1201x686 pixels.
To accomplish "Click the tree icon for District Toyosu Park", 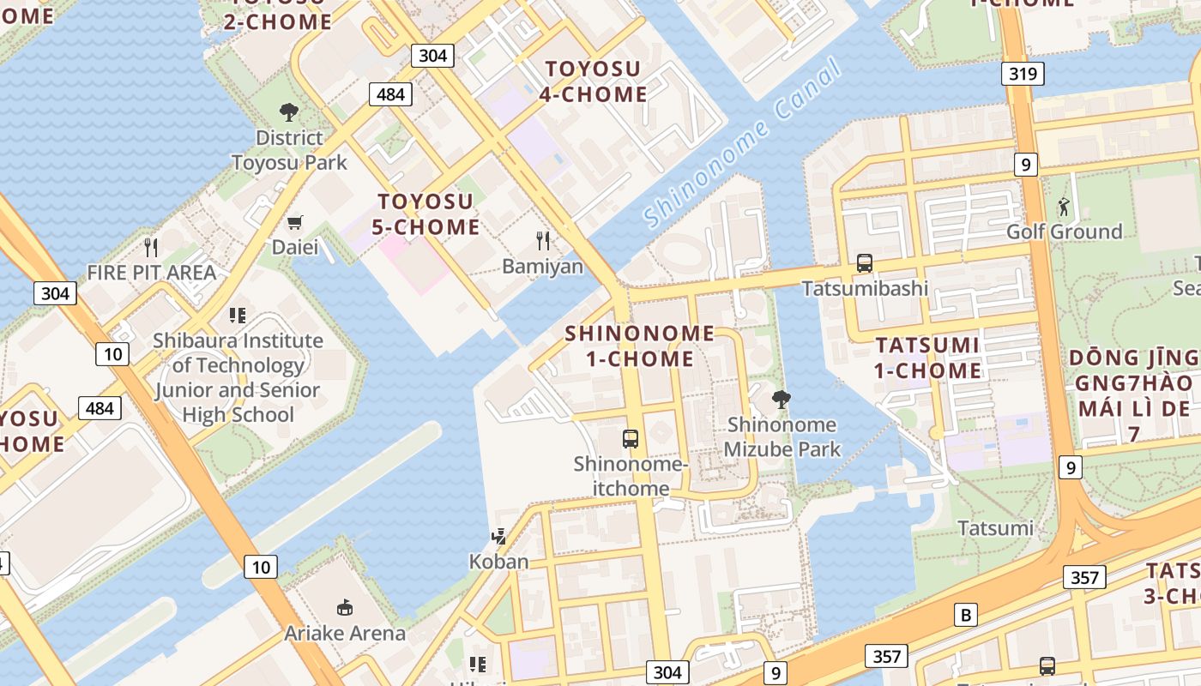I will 289,111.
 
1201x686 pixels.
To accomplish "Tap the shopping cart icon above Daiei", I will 295,223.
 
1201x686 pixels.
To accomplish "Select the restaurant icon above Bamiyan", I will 542,240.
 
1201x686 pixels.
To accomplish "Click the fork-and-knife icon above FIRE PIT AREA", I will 152,248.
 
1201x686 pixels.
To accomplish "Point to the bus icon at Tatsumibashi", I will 865,263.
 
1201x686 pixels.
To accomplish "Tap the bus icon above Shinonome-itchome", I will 631,439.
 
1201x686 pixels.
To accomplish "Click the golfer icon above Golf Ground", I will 1064,207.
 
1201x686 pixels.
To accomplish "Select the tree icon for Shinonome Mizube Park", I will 781,399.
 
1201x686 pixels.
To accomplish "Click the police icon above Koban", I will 498,538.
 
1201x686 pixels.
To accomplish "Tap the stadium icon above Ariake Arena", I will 345,608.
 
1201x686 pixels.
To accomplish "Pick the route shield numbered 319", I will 1023,74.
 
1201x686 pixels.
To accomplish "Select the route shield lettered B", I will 966,615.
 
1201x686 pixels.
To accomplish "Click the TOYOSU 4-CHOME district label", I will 594,81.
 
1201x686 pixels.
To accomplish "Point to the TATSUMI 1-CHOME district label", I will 928,358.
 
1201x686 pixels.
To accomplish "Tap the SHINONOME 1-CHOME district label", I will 640,346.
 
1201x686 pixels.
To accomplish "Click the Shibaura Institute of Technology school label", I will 238,377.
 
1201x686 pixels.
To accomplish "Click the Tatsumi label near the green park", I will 995,527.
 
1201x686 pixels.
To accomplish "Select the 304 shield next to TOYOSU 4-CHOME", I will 432,56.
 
